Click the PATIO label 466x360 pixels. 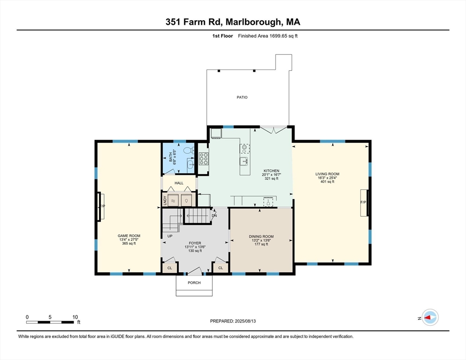click(241, 97)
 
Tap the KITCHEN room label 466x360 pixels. click(271, 171)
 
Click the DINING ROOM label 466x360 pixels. click(261, 236)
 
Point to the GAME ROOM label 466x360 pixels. click(128, 236)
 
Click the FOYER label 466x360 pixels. click(195, 243)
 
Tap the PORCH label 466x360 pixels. click(194, 283)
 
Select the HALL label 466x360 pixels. click(179, 183)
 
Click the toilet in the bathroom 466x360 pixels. click(188, 151)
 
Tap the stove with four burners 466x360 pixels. click(203, 159)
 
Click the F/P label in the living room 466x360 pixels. click(363, 202)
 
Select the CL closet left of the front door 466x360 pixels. click(169, 269)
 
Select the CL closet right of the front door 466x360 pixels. click(220, 269)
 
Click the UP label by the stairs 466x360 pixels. click(169, 236)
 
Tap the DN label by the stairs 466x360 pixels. click(214, 216)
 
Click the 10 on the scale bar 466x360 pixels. click(75, 317)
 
